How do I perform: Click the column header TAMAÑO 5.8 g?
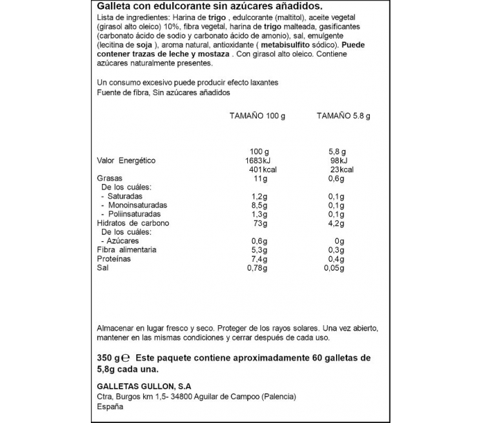[343, 116]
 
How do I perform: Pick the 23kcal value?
[342, 169]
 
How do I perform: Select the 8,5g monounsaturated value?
[258, 205]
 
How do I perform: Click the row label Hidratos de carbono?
[133, 223]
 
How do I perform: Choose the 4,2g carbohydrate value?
[335, 223]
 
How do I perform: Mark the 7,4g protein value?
[258, 259]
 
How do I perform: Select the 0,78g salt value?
[257, 268]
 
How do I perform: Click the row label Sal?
[103, 268]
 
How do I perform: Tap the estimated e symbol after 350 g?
[125, 359]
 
